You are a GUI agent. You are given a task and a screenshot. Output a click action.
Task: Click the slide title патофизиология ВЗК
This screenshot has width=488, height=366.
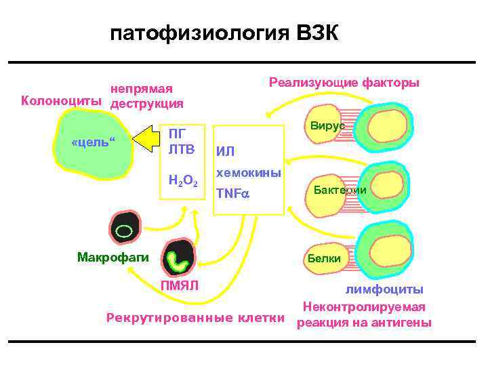pos(224,35)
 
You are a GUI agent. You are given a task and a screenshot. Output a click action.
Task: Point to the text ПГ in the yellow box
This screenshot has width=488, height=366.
pos(178,133)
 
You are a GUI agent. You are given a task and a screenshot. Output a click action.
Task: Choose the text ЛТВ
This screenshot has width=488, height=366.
pos(181,148)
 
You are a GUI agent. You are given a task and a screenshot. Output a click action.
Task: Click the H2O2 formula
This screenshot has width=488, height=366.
pos(183,180)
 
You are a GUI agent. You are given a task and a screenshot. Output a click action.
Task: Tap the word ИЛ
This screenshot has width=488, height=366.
pos(225,152)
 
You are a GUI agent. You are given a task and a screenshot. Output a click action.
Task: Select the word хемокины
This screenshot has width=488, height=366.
pos(248,174)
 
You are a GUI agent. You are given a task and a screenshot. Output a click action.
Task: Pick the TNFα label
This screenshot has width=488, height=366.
pos(233,194)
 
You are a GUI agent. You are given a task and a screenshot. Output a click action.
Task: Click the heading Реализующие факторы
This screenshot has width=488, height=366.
pos(344,83)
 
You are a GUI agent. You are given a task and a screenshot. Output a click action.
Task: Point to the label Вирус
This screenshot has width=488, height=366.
pos(328,126)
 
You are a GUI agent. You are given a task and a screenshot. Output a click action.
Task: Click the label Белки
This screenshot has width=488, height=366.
pos(324,258)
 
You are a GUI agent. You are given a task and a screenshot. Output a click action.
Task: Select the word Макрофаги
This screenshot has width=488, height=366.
pos(109,257)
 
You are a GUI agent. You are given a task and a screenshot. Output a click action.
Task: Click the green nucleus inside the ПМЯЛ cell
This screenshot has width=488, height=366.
pos(180,259)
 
